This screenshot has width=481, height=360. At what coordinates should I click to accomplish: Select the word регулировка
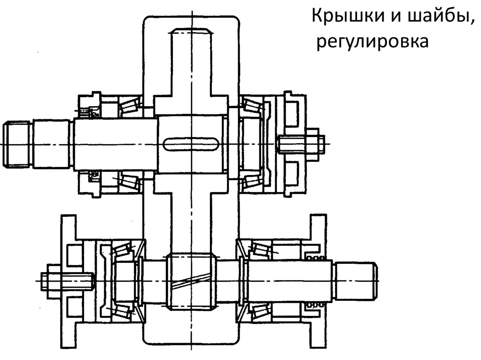(372, 42)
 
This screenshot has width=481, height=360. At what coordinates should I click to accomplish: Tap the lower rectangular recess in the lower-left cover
(73, 308)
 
